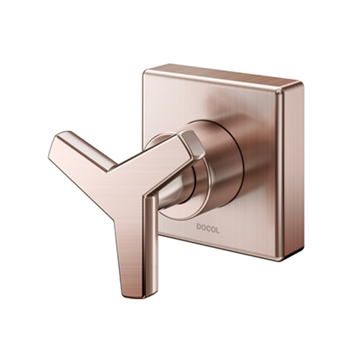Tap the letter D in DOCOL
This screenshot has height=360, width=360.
(199, 227)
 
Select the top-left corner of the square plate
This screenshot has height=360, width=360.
(146, 72)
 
